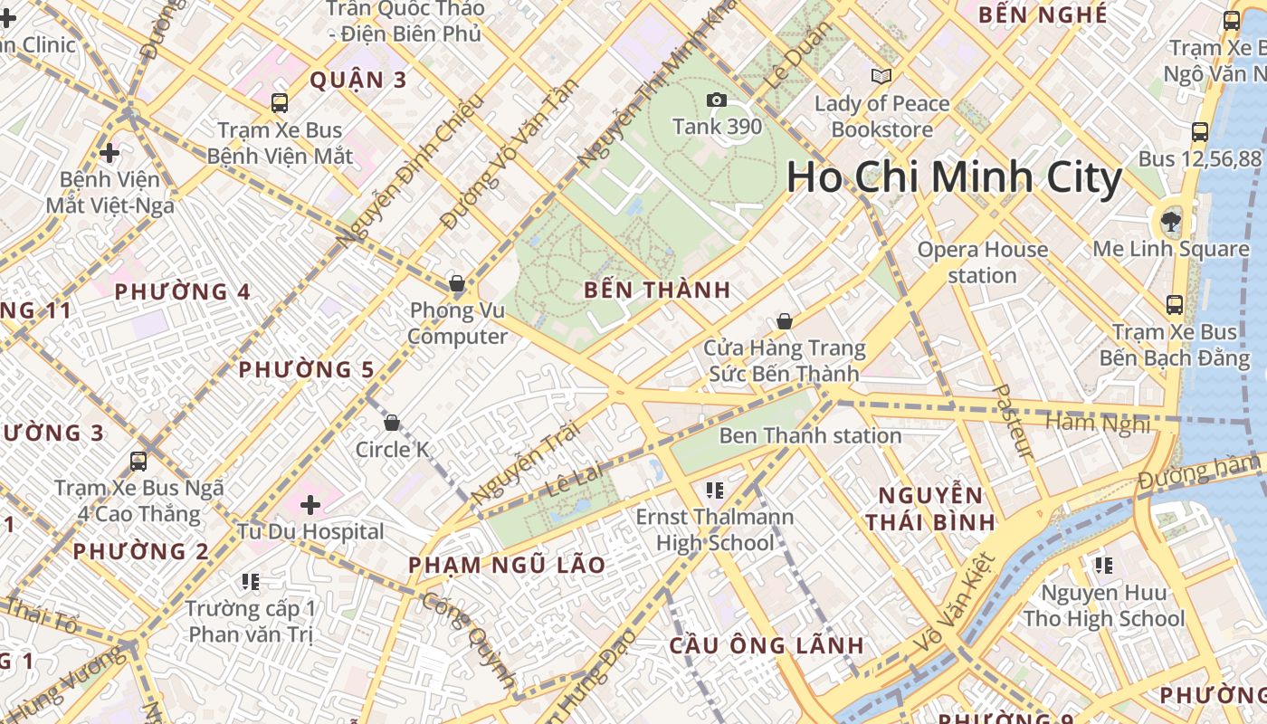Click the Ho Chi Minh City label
(954, 177)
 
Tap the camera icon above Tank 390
(717, 100)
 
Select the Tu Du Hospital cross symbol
(310, 505)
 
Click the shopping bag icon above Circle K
(392, 423)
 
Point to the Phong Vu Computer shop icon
(457, 284)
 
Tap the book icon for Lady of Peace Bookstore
(881, 76)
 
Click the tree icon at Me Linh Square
(1171, 221)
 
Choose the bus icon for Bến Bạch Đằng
(1175, 305)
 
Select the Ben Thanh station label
(810, 435)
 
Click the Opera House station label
(982, 262)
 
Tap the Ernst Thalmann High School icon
(715, 491)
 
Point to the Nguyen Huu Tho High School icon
(1103, 566)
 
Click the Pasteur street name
(1013, 421)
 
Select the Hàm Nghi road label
(1097, 423)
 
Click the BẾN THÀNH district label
(657, 291)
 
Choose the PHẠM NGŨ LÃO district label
(507, 566)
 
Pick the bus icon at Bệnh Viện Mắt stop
(280, 103)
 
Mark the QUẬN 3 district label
(358, 81)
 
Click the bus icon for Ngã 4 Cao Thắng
(138, 462)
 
